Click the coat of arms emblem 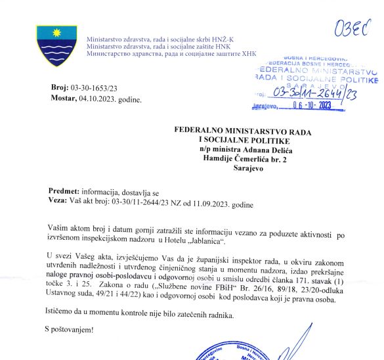[x=55, y=45]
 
